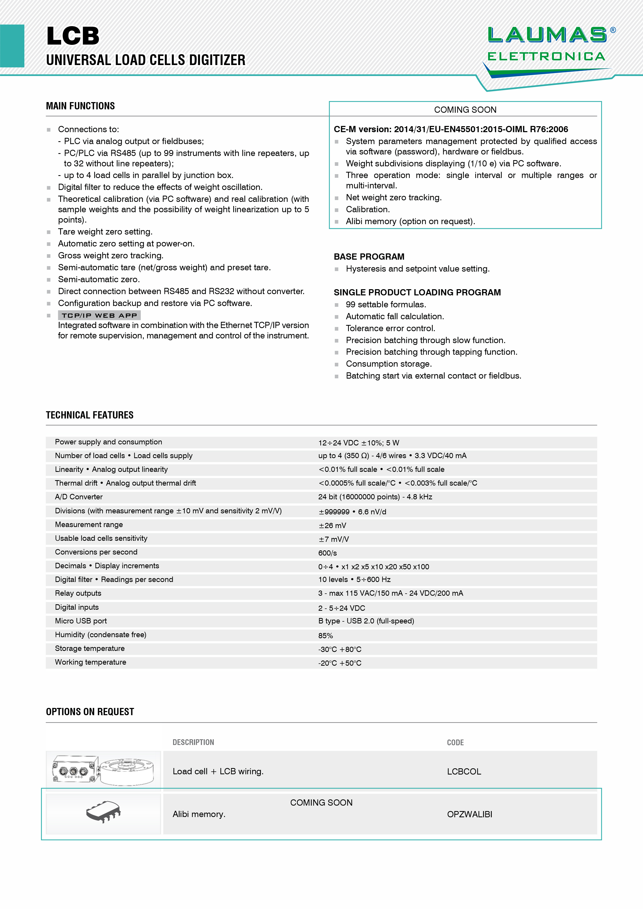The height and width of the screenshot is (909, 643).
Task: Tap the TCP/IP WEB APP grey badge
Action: (x=99, y=315)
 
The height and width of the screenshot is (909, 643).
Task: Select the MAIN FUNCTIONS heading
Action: (x=80, y=106)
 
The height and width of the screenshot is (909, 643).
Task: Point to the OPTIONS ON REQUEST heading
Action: (x=90, y=712)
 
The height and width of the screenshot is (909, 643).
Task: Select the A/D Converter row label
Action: (x=79, y=496)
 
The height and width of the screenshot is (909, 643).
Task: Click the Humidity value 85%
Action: (x=325, y=635)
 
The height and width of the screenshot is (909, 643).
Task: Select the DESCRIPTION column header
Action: (x=193, y=742)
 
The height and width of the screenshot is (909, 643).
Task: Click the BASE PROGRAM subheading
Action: (x=369, y=257)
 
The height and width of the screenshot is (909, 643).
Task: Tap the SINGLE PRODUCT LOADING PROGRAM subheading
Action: (x=417, y=292)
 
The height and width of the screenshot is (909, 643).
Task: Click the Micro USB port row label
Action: (x=81, y=621)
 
